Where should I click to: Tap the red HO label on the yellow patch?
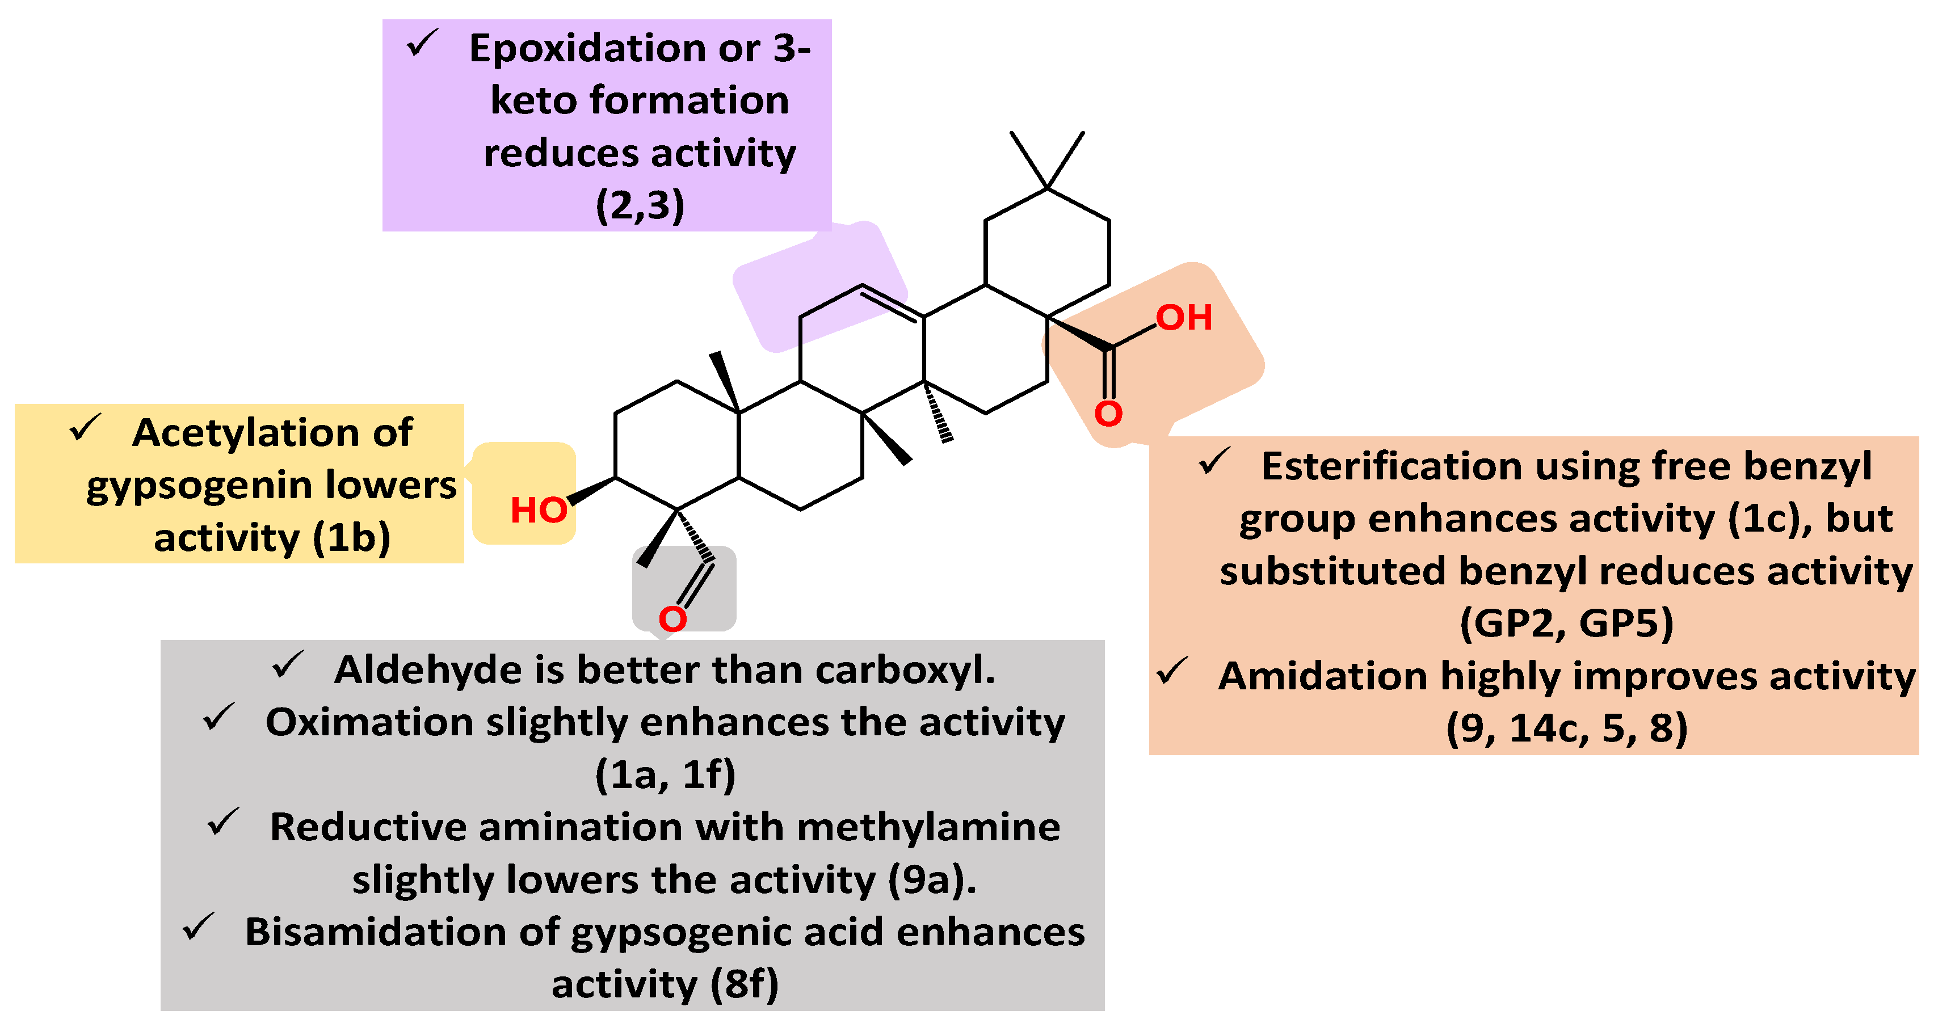[539, 510]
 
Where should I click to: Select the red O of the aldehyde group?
[672, 619]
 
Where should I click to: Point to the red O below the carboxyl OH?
[1108, 413]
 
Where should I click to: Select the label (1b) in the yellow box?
[352, 538]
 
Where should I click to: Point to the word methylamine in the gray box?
[928, 827]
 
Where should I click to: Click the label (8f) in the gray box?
[744, 984]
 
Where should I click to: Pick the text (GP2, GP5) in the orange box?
[1566, 624]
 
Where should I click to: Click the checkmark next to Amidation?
[1172, 671]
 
